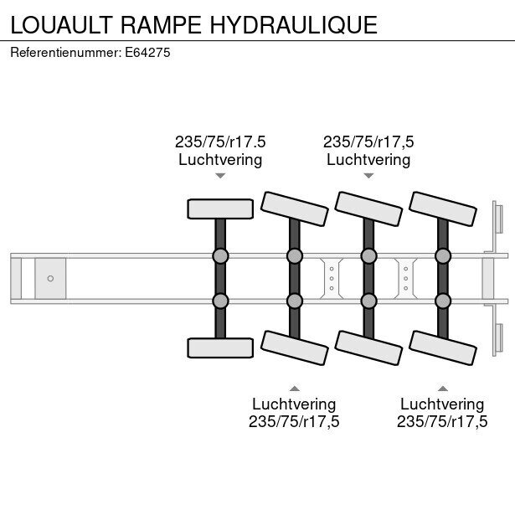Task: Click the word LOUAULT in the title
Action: point(62,25)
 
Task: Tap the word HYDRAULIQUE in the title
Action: point(294,26)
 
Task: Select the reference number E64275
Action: point(147,53)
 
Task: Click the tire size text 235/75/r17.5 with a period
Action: point(220,142)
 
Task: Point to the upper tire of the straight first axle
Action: point(220,209)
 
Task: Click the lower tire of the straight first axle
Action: point(220,348)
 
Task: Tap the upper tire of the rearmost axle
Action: point(443,209)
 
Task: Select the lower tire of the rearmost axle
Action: point(443,348)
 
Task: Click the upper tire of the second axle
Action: point(295,209)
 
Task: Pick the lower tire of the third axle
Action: point(368,348)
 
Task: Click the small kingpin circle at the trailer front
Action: point(50,279)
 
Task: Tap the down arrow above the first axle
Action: point(220,176)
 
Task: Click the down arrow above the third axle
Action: point(368,176)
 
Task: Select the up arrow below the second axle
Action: point(295,389)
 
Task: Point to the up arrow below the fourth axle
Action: point(443,389)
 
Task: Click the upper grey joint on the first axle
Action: point(220,256)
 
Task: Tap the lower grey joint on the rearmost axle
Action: point(443,301)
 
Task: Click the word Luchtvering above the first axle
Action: point(220,160)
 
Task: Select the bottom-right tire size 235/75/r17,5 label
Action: point(442,421)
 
